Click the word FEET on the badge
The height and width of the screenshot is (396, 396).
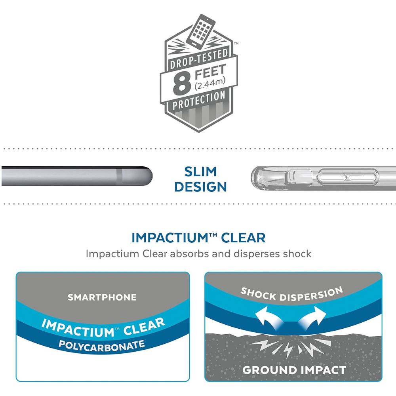[x=210, y=71]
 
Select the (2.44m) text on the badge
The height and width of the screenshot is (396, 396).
[x=210, y=84]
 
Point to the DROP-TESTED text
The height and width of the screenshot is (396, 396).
[x=199, y=59]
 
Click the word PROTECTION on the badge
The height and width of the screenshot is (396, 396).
[x=199, y=101]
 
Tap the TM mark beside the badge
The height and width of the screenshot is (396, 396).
[x=236, y=44]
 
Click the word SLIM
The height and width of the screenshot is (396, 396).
[x=200, y=172]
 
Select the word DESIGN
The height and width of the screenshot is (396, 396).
[x=200, y=187]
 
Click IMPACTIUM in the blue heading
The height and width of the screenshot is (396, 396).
[x=170, y=238]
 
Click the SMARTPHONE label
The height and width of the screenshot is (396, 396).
[x=102, y=297]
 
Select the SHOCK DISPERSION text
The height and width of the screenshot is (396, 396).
[x=292, y=294]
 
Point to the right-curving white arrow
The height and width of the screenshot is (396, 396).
[x=312, y=318]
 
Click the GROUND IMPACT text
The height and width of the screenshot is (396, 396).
[x=294, y=370]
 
